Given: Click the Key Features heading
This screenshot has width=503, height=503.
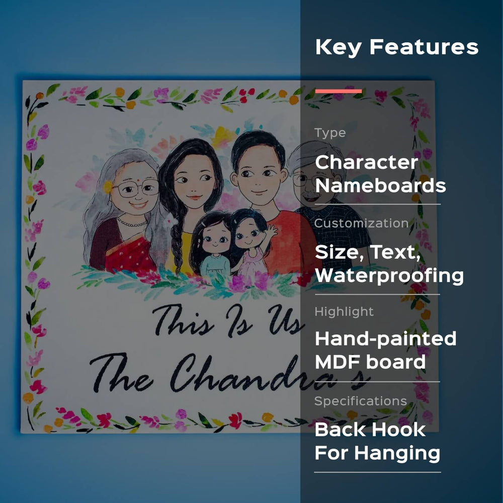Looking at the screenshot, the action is pos(396,47).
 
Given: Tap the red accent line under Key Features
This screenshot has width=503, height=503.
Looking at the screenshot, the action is pos(339,91).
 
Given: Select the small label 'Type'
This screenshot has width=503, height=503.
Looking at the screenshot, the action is pos(330,132).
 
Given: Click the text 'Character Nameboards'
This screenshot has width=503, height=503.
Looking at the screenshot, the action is pos(380,174).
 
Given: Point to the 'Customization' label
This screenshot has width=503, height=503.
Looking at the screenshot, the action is pos(361,223).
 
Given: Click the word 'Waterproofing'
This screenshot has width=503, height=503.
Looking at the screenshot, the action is pos(389,276).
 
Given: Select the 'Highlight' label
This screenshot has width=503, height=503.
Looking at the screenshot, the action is pos(344,311).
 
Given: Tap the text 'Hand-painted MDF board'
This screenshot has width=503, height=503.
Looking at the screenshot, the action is pos(385,350).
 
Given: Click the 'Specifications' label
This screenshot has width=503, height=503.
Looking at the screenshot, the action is pos(361,401).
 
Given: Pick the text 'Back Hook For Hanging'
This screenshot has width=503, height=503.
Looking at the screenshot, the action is pos(377,441).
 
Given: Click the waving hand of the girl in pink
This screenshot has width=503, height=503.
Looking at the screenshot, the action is pos(272,231).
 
